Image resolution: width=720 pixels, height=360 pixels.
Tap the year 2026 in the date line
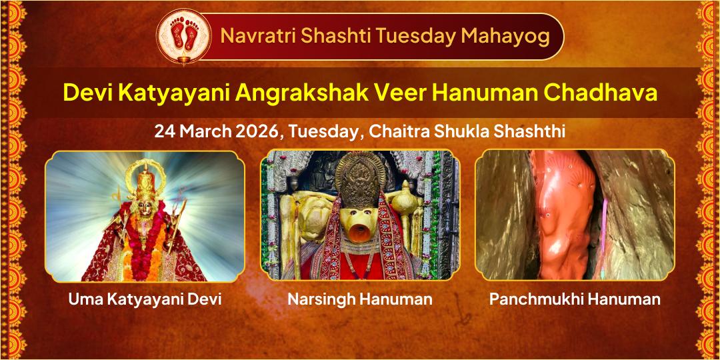pos(258,131)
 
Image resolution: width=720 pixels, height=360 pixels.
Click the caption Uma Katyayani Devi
pos(145,299)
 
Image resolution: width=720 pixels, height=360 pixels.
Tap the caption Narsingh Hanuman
pos(359,299)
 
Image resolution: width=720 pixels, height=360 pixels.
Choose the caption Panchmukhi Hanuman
pos(575,299)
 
